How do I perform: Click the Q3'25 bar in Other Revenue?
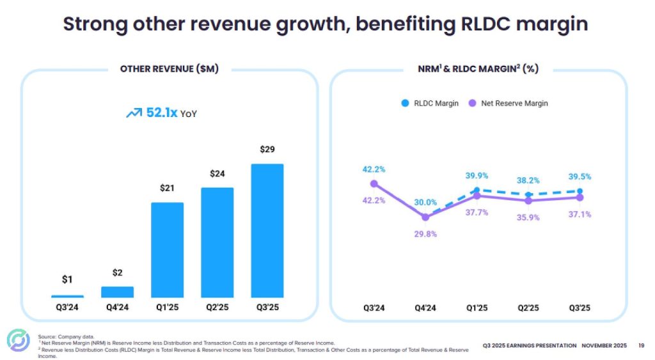[267, 230]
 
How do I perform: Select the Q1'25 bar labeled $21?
[167, 249]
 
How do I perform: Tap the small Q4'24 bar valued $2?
[117, 292]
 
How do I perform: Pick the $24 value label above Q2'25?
[217, 173]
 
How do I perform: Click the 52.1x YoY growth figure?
[162, 113]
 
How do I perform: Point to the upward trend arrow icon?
[134, 113]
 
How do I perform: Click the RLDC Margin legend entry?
[430, 103]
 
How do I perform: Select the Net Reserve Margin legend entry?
[509, 103]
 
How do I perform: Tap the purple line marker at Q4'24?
[426, 217]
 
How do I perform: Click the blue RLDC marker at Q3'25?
[580, 191]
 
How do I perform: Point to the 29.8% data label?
[426, 234]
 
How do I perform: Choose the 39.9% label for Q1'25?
[477, 176]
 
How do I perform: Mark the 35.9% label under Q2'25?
[528, 217]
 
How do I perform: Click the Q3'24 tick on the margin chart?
[374, 308]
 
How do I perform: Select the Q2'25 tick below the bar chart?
[217, 308]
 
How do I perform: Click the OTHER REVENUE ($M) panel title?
[170, 69]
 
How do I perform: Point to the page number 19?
[641, 346]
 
